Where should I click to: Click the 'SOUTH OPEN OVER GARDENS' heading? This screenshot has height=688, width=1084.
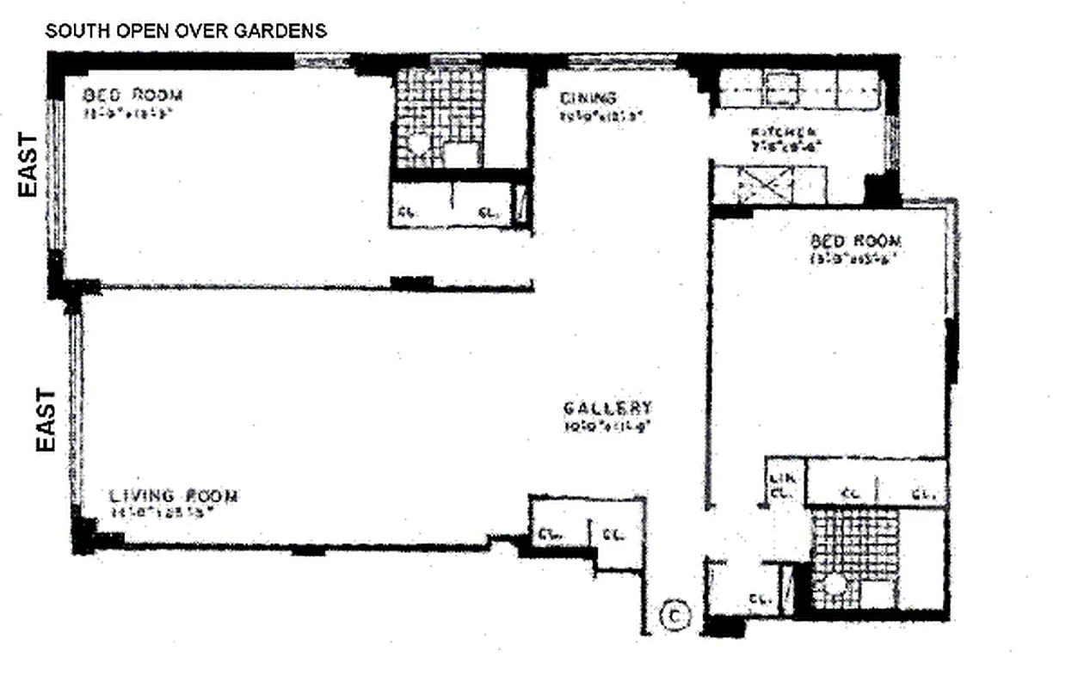(x=186, y=32)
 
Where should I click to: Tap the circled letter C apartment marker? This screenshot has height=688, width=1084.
(x=675, y=615)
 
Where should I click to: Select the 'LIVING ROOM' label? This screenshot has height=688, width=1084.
(x=174, y=496)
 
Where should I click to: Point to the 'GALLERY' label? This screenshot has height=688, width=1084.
(x=607, y=408)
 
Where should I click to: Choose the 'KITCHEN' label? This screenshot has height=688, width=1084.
(x=784, y=132)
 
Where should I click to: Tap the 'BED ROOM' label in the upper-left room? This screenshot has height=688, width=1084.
(x=132, y=95)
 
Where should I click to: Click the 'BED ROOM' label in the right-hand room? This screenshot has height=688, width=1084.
(x=855, y=241)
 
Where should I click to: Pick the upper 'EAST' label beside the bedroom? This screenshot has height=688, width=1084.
(x=29, y=164)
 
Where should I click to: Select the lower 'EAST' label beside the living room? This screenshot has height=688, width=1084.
(x=46, y=419)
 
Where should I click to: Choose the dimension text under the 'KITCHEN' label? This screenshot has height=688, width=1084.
(x=784, y=146)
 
